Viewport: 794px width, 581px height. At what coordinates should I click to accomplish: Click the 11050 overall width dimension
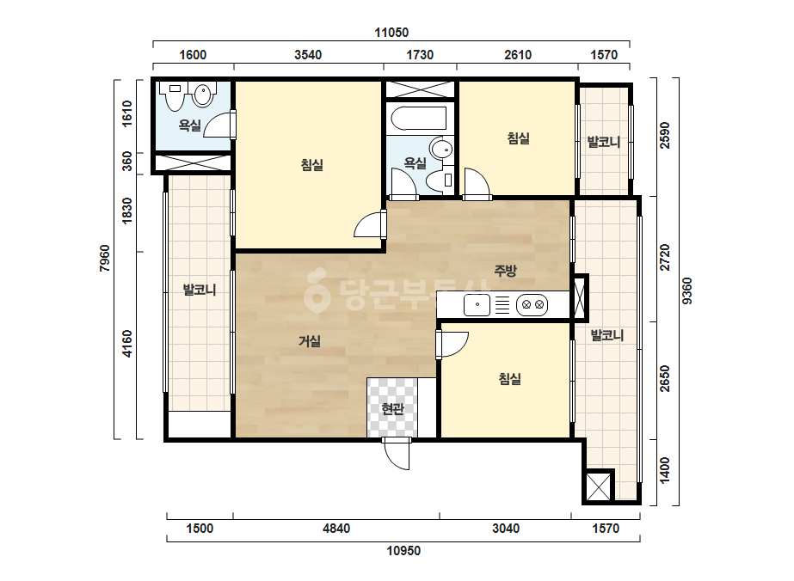pyautogui.click(x=391, y=33)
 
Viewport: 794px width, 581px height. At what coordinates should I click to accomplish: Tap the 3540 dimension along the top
pyautogui.click(x=308, y=55)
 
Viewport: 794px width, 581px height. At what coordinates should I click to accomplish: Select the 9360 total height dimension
pyautogui.click(x=686, y=291)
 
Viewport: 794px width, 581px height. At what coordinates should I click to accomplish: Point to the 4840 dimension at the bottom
pyautogui.click(x=336, y=529)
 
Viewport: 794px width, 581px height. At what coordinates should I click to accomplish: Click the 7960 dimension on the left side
pyautogui.click(x=105, y=258)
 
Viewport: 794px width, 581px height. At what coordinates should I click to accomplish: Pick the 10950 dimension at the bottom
pyautogui.click(x=403, y=551)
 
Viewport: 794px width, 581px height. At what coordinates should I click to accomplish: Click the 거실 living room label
pyautogui.click(x=310, y=341)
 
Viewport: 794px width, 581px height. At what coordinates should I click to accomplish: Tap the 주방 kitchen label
pyautogui.click(x=505, y=271)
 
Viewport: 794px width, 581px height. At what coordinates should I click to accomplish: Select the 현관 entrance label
pyautogui.click(x=392, y=408)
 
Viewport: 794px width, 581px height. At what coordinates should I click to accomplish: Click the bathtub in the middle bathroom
pyautogui.click(x=419, y=119)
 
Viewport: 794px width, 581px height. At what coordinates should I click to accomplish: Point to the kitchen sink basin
pyautogui.click(x=477, y=305)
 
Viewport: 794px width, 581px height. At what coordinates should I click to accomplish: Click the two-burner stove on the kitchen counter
pyautogui.click(x=532, y=305)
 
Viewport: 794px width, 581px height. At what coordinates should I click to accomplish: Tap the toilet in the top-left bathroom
pyautogui.click(x=174, y=96)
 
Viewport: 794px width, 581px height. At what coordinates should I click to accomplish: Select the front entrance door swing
pyautogui.click(x=397, y=454)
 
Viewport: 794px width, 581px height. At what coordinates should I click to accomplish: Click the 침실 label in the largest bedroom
pyautogui.click(x=312, y=164)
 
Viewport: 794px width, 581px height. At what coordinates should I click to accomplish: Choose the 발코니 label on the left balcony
pyautogui.click(x=200, y=290)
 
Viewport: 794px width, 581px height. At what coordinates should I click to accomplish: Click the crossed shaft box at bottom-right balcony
pyautogui.click(x=598, y=486)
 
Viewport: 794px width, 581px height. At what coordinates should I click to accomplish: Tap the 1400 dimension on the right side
pyautogui.click(x=665, y=470)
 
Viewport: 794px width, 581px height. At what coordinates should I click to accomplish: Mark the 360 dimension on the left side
pyautogui.click(x=127, y=162)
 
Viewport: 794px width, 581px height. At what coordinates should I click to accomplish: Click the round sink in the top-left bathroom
pyautogui.click(x=203, y=95)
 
